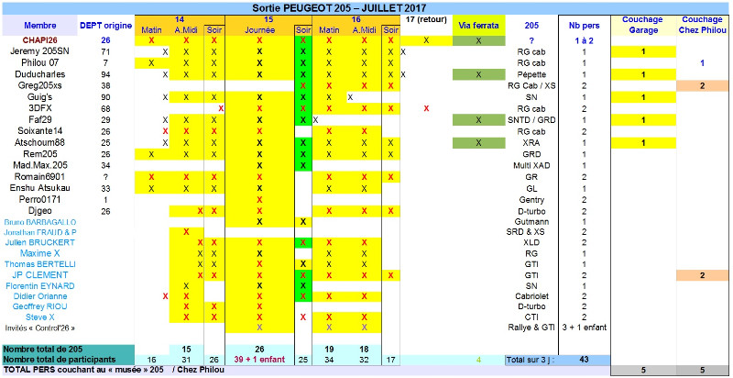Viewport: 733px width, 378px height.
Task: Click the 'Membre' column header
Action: coord(38,25)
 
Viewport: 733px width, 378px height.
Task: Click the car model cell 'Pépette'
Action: coord(532,73)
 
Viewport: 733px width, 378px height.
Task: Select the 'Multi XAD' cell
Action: coord(532,165)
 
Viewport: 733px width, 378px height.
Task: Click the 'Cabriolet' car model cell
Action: coord(532,296)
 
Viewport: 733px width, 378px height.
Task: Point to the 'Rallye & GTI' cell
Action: coord(532,328)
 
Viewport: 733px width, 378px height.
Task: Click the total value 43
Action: coord(583,360)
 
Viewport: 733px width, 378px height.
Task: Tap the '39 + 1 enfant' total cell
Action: coord(260,360)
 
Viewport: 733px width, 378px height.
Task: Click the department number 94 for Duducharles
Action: coord(105,73)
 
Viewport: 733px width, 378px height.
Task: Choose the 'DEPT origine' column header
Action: coord(104,25)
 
